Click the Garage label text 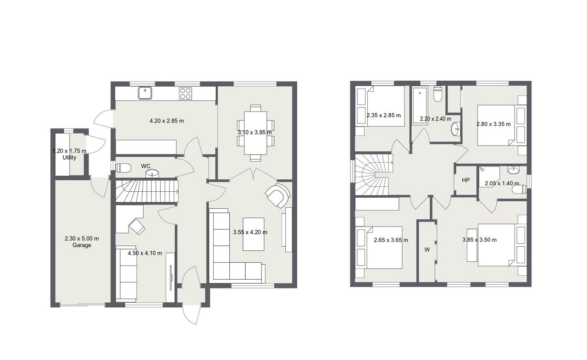click(82, 245)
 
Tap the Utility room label click(69, 157)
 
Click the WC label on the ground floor click(146, 166)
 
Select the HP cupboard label click(465, 180)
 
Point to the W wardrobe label click(427, 249)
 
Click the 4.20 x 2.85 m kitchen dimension click(166, 121)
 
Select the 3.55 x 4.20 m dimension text click(250, 232)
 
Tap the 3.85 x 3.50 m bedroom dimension click(480, 239)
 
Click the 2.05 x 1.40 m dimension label click(502, 183)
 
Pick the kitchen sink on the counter click(145, 93)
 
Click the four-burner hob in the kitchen click(185, 94)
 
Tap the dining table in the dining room click(256, 133)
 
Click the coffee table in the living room click(254, 234)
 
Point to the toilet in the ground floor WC click(123, 168)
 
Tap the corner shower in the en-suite click(489, 177)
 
